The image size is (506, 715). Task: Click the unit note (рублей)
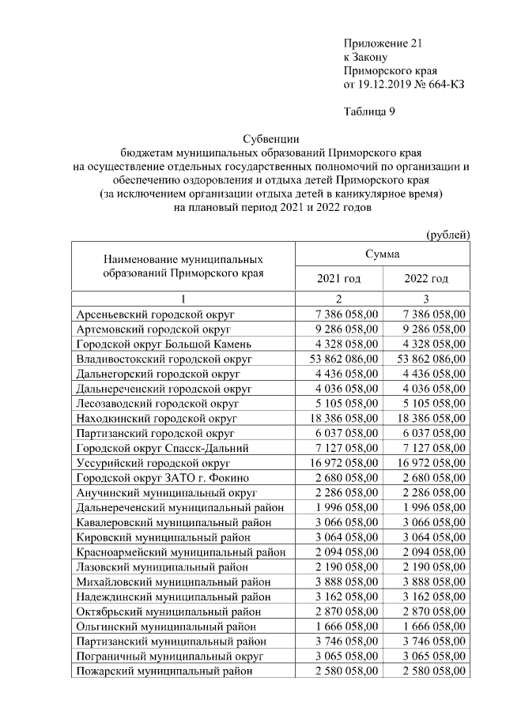[x=447, y=235]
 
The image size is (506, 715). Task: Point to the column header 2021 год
[x=338, y=279]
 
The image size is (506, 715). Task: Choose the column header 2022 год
[x=426, y=279]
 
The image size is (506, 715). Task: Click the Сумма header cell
[x=382, y=254]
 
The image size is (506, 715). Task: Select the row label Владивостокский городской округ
[x=164, y=359]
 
